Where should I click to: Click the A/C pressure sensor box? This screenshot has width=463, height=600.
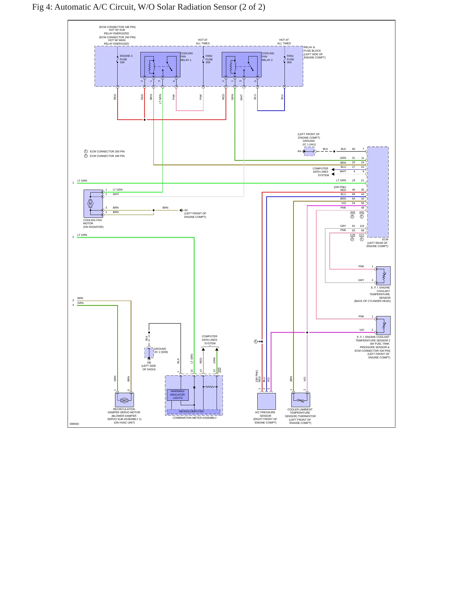(267, 401)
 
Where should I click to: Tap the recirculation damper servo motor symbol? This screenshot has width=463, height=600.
(124, 400)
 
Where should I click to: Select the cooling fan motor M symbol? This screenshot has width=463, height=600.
(90, 203)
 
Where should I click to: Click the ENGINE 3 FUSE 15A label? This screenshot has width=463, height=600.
(126, 59)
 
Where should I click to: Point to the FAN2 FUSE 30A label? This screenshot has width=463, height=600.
(209, 59)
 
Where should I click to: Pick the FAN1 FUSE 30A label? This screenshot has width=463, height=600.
(290, 59)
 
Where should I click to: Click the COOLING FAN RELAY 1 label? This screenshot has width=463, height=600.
(186, 56)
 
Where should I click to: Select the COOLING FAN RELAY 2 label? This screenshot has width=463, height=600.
(268, 56)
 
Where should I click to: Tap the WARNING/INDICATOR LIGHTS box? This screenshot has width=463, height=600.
(178, 395)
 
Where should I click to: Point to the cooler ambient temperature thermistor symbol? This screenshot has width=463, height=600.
(301, 400)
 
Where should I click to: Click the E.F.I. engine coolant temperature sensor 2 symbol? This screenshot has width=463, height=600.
(383, 325)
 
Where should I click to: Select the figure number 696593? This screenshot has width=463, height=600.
(74, 424)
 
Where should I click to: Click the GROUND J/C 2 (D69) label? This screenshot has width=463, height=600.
(161, 350)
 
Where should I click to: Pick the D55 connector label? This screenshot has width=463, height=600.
(219, 370)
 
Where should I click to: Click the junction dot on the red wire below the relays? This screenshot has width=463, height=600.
(145, 120)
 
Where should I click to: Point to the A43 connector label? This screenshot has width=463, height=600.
(352, 212)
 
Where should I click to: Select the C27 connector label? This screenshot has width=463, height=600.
(362, 235)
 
